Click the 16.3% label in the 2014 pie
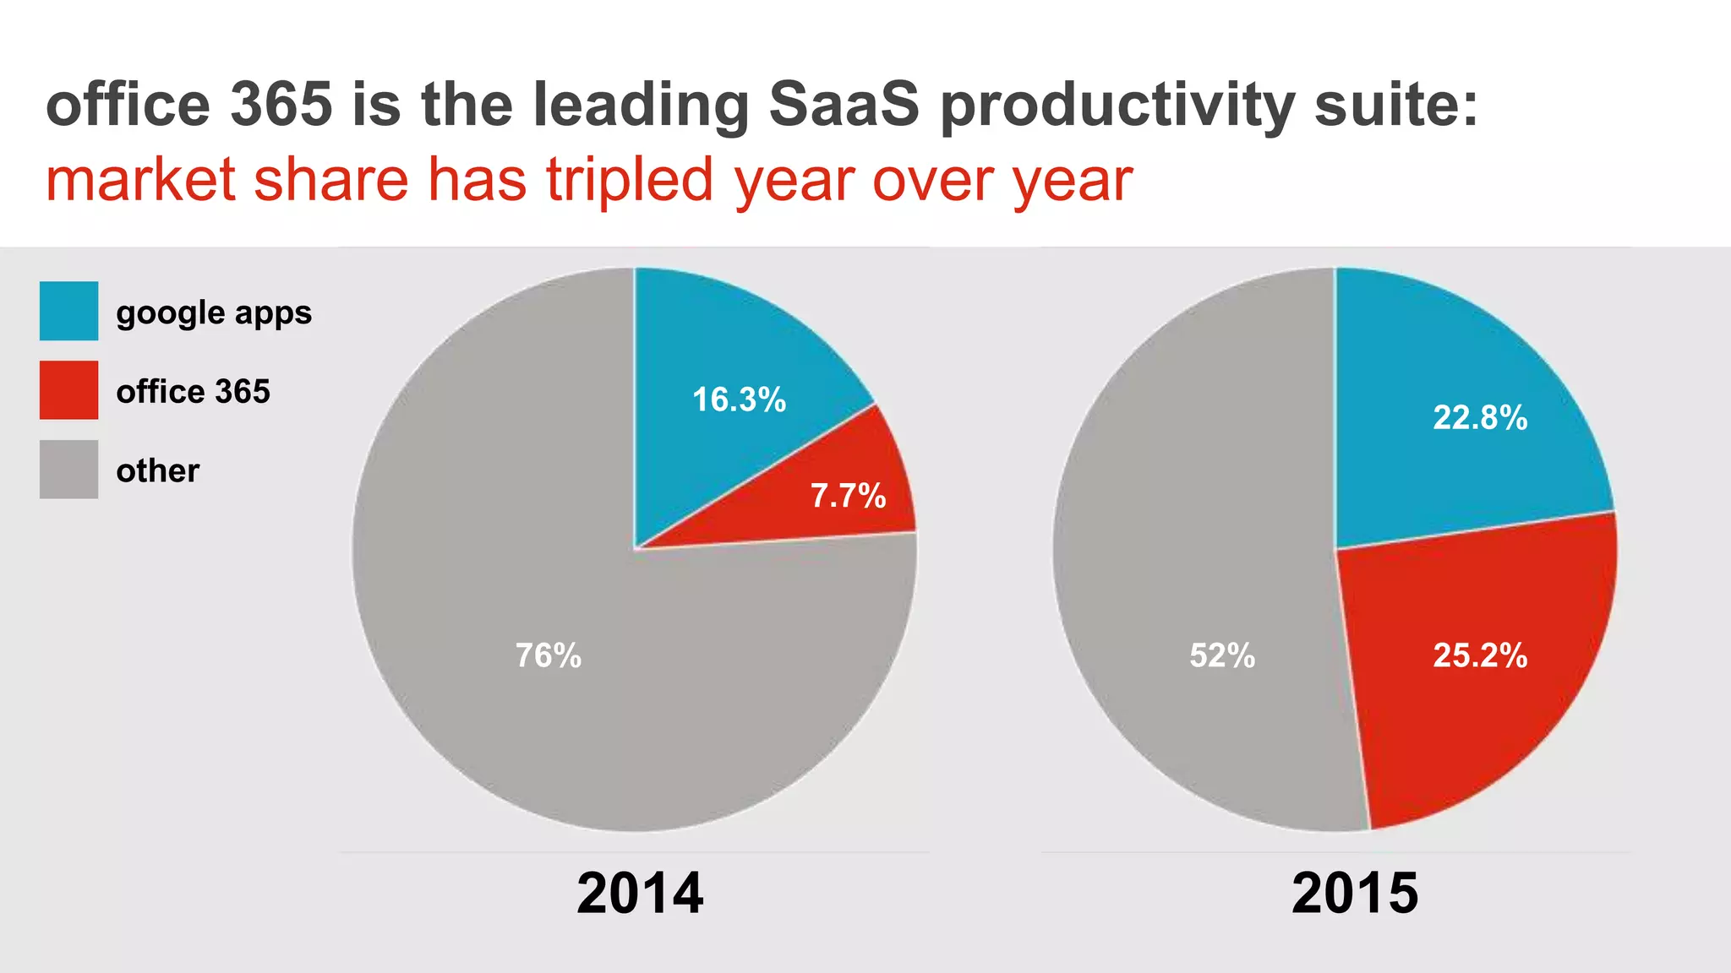coord(739,400)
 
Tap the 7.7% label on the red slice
coord(848,496)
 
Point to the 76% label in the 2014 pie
coord(549,655)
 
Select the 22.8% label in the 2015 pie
coord(1480,417)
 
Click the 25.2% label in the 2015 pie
coord(1480,655)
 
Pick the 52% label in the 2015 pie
coord(1222,655)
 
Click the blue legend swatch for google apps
coord(68,311)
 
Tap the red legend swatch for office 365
coord(68,390)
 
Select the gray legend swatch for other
coord(68,470)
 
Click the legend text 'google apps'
coord(214,313)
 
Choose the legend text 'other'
coord(158,470)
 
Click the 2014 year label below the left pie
coord(640,893)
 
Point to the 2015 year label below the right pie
coord(1355,893)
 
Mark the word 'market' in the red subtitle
coord(140,181)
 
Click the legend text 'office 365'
coord(193,392)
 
